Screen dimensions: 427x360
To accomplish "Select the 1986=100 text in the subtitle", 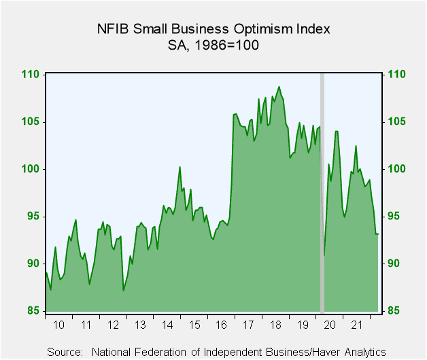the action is click(226, 46).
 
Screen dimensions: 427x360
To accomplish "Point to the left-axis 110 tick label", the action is click(31, 74).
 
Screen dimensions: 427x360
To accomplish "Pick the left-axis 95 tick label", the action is click(33, 216).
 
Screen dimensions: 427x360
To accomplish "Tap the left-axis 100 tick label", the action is click(31, 169).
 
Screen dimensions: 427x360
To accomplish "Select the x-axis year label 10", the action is click(58, 325).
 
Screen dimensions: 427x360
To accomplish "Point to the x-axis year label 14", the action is click(167, 325).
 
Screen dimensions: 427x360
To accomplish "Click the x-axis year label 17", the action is click(248, 325).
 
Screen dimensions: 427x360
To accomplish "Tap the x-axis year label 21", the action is click(356, 325).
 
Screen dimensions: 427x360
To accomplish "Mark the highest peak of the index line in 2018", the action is click(279, 87).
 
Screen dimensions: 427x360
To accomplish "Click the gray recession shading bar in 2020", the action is click(322, 192).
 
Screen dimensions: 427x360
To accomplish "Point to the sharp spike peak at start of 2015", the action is click(180, 167).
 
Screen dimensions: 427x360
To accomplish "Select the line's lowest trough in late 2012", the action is click(123, 291).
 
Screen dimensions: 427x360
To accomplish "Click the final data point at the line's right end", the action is click(378, 234).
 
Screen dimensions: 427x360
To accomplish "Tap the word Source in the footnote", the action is click(65, 352).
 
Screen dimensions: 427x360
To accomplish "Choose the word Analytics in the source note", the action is click(365, 352).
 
